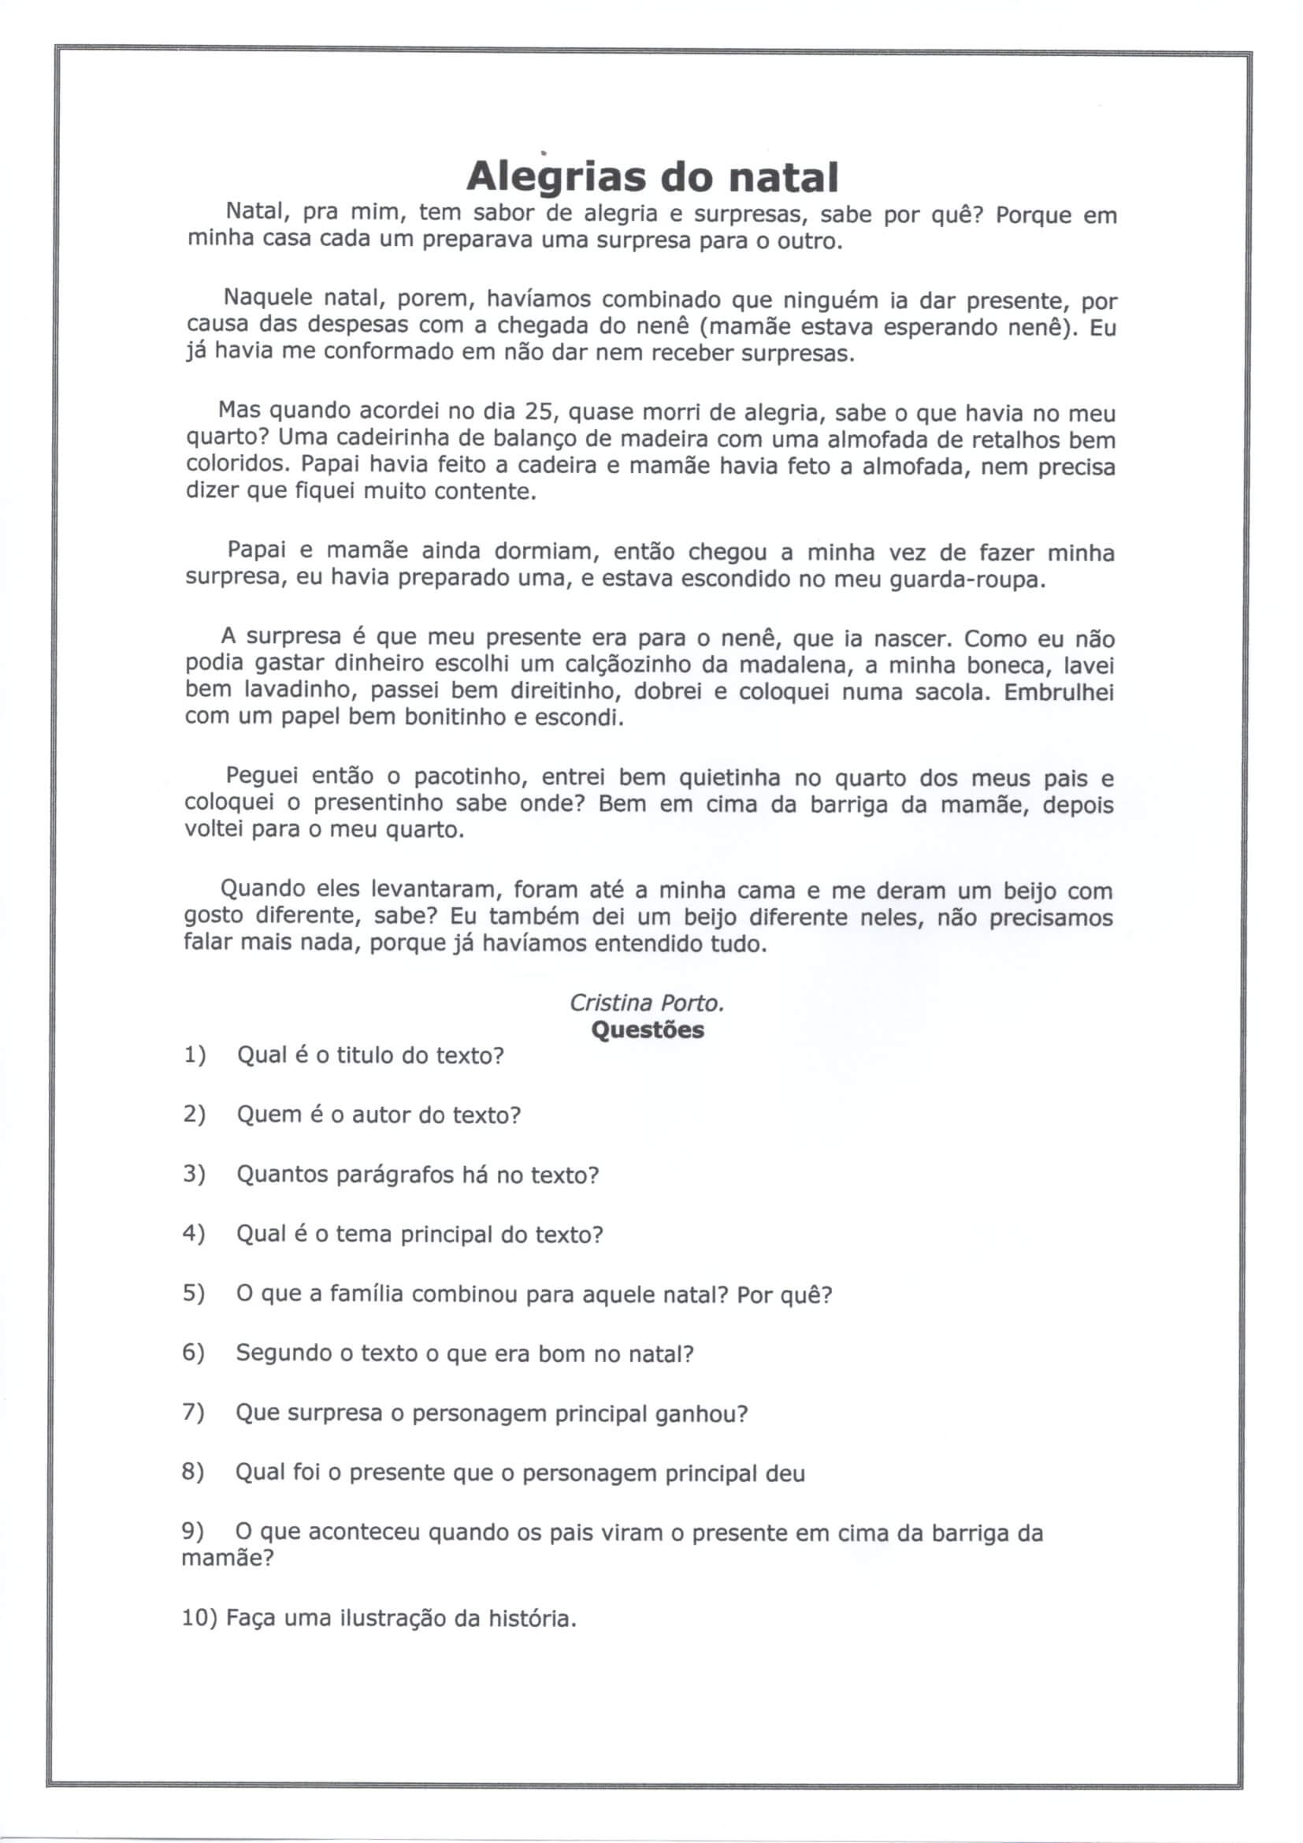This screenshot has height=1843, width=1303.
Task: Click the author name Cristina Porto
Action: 647,1003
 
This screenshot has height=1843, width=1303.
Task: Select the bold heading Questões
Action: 648,1029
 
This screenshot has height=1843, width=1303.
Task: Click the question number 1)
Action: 194,1055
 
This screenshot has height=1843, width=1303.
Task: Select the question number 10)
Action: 200,1618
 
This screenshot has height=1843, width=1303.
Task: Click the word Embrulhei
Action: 1058,692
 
